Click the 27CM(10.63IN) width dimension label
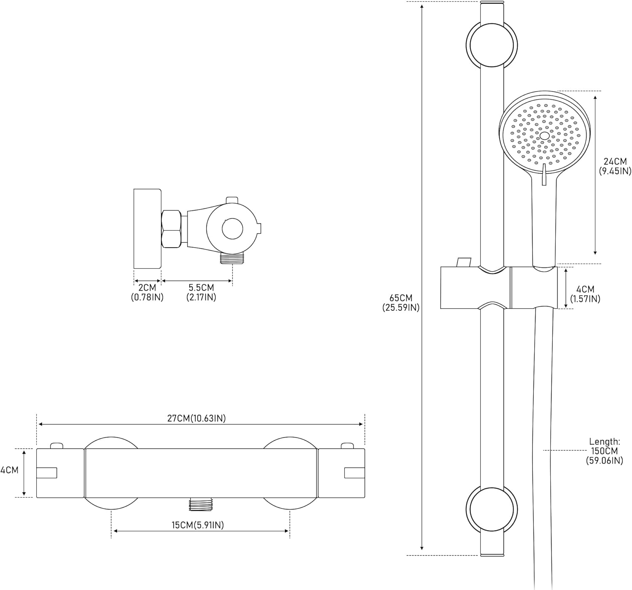tap(196, 418)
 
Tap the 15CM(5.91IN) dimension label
tap(198, 525)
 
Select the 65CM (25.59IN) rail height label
tap(401, 303)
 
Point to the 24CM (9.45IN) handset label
tap(615, 166)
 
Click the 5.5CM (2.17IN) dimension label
tap(201, 292)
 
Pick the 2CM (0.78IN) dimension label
tap(147, 292)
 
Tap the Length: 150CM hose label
tap(605, 451)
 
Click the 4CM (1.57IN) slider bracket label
tap(585, 294)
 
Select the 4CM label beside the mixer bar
tap(9, 470)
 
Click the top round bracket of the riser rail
tap(492, 45)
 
